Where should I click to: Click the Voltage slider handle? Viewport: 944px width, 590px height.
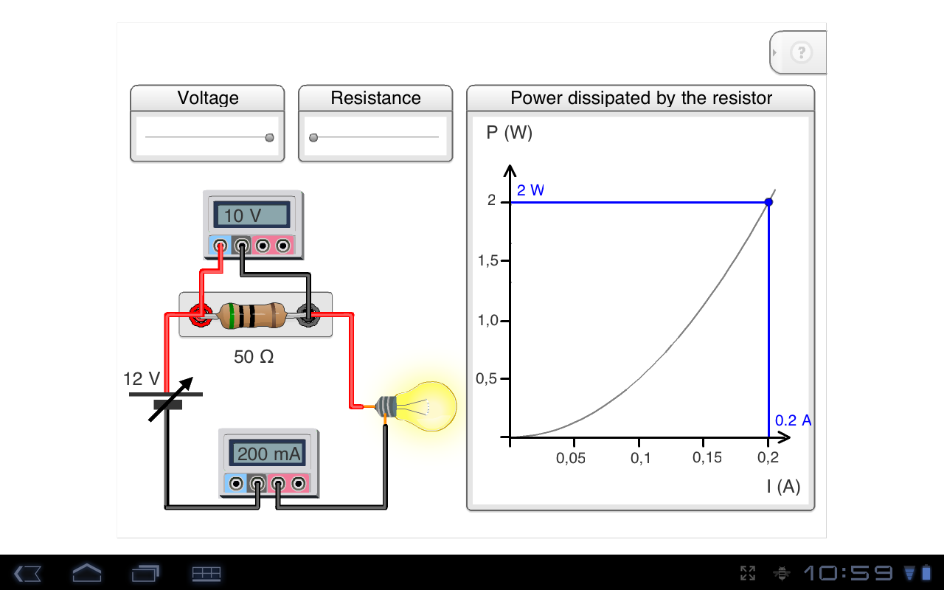[x=269, y=137]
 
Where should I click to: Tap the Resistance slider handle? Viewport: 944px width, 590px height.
[x=313, y=137]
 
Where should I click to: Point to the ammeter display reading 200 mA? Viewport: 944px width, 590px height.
[x=269, y=454]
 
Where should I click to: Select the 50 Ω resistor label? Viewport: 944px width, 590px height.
[x=254, y=357]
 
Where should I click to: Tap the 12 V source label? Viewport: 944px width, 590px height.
[x=142, y=379]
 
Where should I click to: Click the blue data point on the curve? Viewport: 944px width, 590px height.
[x=768, y=202]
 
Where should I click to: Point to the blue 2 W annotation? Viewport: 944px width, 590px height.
[x=530, y=190]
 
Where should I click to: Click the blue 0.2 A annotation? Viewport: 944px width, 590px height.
[x=793, y=420]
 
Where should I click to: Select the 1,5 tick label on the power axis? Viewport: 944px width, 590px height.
[x=487, y=261]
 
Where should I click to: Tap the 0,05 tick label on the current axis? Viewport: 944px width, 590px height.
[x=570, y=458]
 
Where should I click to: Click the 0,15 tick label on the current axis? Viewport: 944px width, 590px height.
[x=707, y=458]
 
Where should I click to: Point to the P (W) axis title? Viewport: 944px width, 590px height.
[x=509, y=133]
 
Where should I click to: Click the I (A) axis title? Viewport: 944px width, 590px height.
[x=782, y=486]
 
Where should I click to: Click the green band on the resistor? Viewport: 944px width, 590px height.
[x=232, y=316]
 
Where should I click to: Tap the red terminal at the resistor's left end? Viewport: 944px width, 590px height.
[x=198, y=316]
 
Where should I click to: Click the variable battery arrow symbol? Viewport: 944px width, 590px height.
[x=170, y=399]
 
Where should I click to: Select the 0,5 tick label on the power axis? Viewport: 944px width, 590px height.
[x=487, y=379]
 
